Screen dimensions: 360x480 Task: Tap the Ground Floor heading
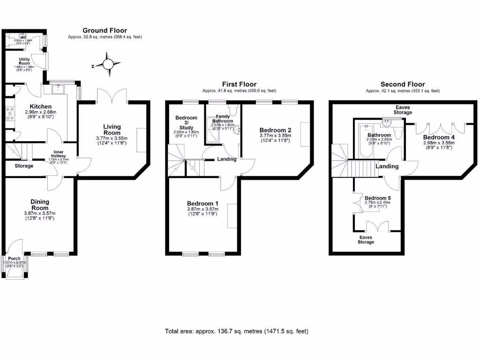click(x=105, y=30)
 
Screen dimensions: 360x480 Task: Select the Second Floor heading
click(x=403, y=84)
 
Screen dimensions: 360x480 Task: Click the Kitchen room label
click(x=40, y=107)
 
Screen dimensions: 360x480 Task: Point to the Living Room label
click(x=112, y=130)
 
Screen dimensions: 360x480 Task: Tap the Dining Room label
click(x=40, y=205)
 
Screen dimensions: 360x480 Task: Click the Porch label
click(x=14, y=258)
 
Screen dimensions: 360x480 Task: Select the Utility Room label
click(x=24, y=61)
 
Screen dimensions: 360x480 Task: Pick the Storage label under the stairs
click(x=24, y=166)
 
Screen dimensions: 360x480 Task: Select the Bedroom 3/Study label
click(x=186, y=121)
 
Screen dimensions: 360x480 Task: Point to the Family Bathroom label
click(x=223, y=118)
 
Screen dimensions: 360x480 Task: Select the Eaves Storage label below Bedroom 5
click(x=366, y=240)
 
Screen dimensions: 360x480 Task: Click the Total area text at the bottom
click(x=237, y=331)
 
